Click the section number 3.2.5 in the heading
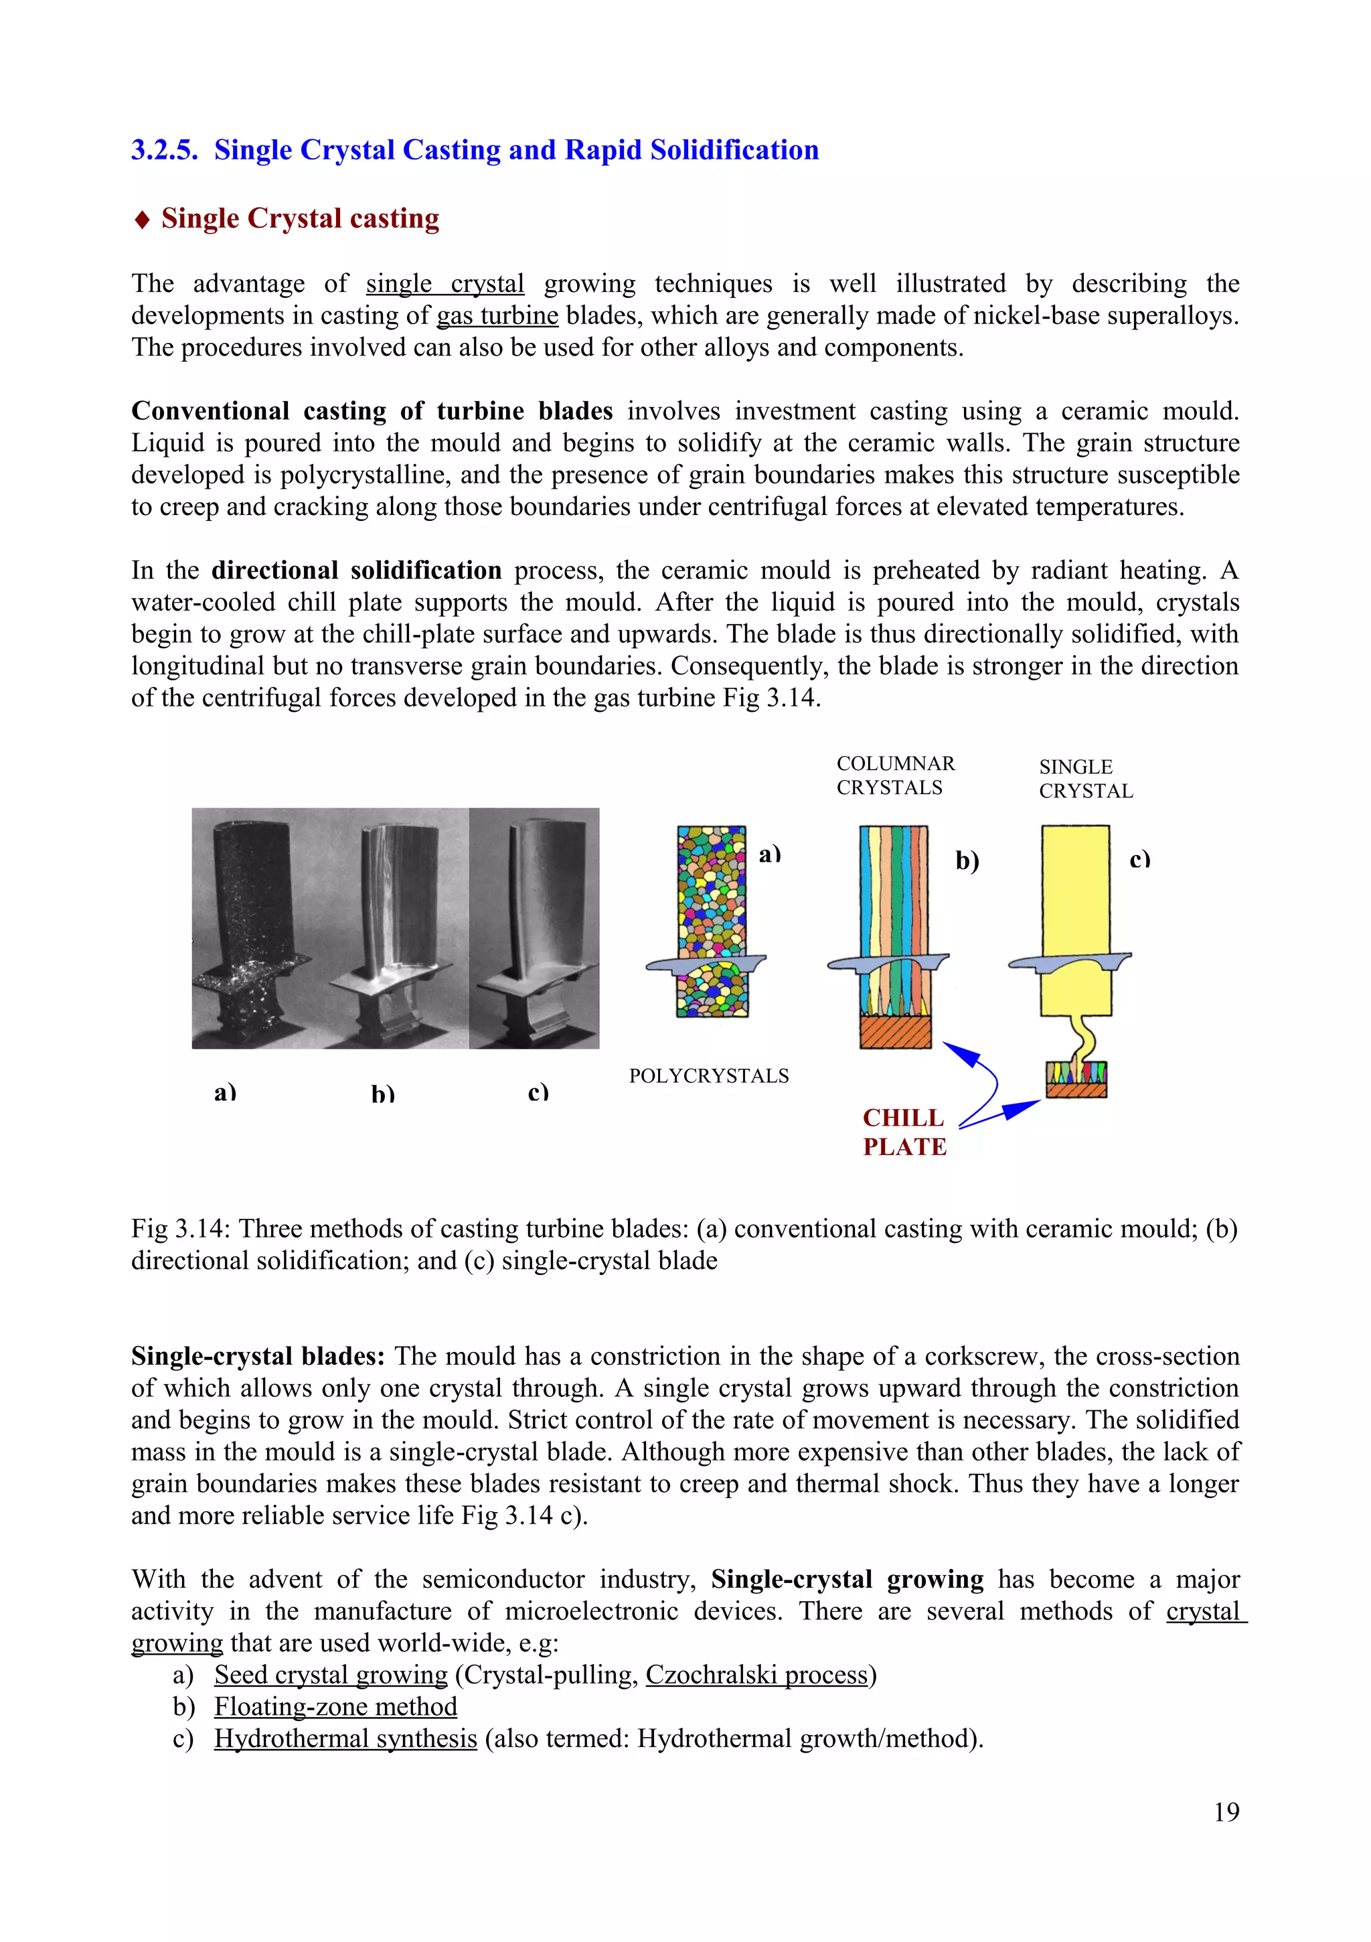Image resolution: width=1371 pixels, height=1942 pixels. point(165,150)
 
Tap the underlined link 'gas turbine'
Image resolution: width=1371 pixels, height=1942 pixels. point(497,315)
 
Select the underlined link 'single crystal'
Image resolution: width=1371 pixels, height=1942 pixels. point(445,283)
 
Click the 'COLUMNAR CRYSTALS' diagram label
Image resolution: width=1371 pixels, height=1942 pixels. point(896,775)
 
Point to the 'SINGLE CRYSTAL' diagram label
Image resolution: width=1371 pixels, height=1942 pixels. point(1086,779)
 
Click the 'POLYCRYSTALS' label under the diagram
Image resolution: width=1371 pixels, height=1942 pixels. point(709,1076)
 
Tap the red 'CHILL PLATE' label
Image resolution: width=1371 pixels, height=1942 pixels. point(904,1132)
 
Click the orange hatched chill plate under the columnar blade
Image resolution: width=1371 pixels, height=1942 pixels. point(896,1032)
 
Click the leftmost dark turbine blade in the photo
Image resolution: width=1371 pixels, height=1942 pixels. point(250,926)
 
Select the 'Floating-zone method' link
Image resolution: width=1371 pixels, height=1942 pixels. point(336,1707)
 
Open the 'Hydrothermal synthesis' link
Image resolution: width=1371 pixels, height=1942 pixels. point(346,1738)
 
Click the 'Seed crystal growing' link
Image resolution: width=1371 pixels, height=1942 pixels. point(331,1675)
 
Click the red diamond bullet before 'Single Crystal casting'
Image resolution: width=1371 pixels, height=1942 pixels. point(142,220)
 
